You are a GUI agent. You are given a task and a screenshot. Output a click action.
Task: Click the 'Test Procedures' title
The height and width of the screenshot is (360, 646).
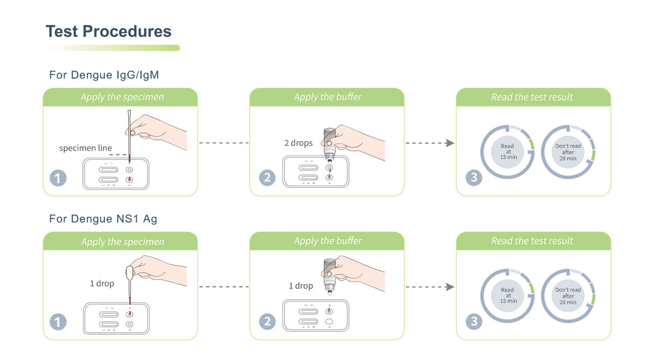pyautogui.click(x=109, y=31)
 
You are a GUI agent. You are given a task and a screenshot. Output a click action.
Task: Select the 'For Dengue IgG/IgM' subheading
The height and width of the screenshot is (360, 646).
pyautogui.click(x=104, y=75)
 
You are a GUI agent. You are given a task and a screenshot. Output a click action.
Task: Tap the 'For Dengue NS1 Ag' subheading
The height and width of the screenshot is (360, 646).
pyautogui.click(x=103, y=219)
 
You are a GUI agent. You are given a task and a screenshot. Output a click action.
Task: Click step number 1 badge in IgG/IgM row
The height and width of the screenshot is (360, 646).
pyautogui.click(x=58, y=178)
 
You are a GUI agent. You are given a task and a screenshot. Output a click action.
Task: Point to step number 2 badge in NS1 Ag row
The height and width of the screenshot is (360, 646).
pyautogui.click(x=268, y=322)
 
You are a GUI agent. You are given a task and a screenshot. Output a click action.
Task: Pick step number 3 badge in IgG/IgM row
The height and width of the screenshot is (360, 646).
pyautogui.click(x=474, y=178)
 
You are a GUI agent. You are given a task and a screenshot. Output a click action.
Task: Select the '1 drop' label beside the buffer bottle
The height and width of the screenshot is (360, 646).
pyautogui.click(x=300, y=286)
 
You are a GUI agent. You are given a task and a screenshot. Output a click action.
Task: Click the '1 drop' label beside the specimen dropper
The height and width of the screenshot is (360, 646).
pyautogui.click(x=102, y=283)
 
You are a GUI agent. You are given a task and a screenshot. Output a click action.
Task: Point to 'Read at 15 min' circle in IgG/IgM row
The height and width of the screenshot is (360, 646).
pyautogui.click(x=507, y=152)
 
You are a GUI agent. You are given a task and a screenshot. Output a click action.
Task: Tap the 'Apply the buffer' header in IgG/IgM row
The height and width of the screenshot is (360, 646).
pyautogui.click(x=327, y=97)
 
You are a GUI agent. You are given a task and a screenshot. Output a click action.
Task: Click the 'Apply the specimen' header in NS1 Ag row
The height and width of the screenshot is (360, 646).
pyautogui.click(x=122, y=242)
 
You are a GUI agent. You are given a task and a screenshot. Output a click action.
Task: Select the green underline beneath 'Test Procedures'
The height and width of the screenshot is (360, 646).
pyautogui.click(x=114, y=48)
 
